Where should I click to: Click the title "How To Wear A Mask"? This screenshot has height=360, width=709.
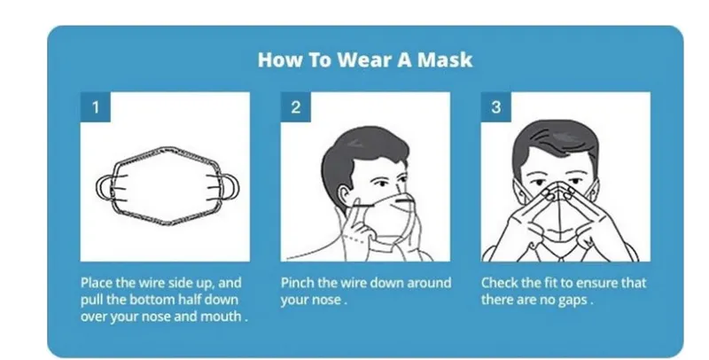pos(365,59)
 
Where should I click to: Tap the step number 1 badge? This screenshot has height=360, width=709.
pos(96,107)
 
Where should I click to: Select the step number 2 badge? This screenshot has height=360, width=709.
pos(296,107)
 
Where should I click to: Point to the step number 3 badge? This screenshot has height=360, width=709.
pos(496,107)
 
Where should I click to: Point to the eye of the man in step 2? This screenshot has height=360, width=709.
pos(383,184)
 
